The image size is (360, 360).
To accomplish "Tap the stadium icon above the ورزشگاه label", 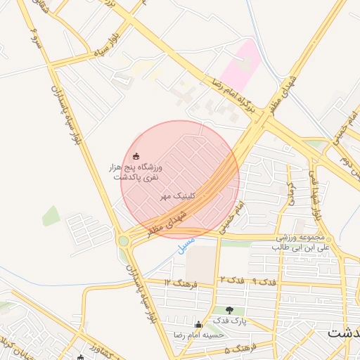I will (x=136, y=156).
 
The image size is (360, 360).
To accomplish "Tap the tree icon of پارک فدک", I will (x=231, y=310).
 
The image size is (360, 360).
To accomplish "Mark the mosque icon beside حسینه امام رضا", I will (x=198, y=324).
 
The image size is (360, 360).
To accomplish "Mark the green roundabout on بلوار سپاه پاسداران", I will (x=124, y=241).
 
